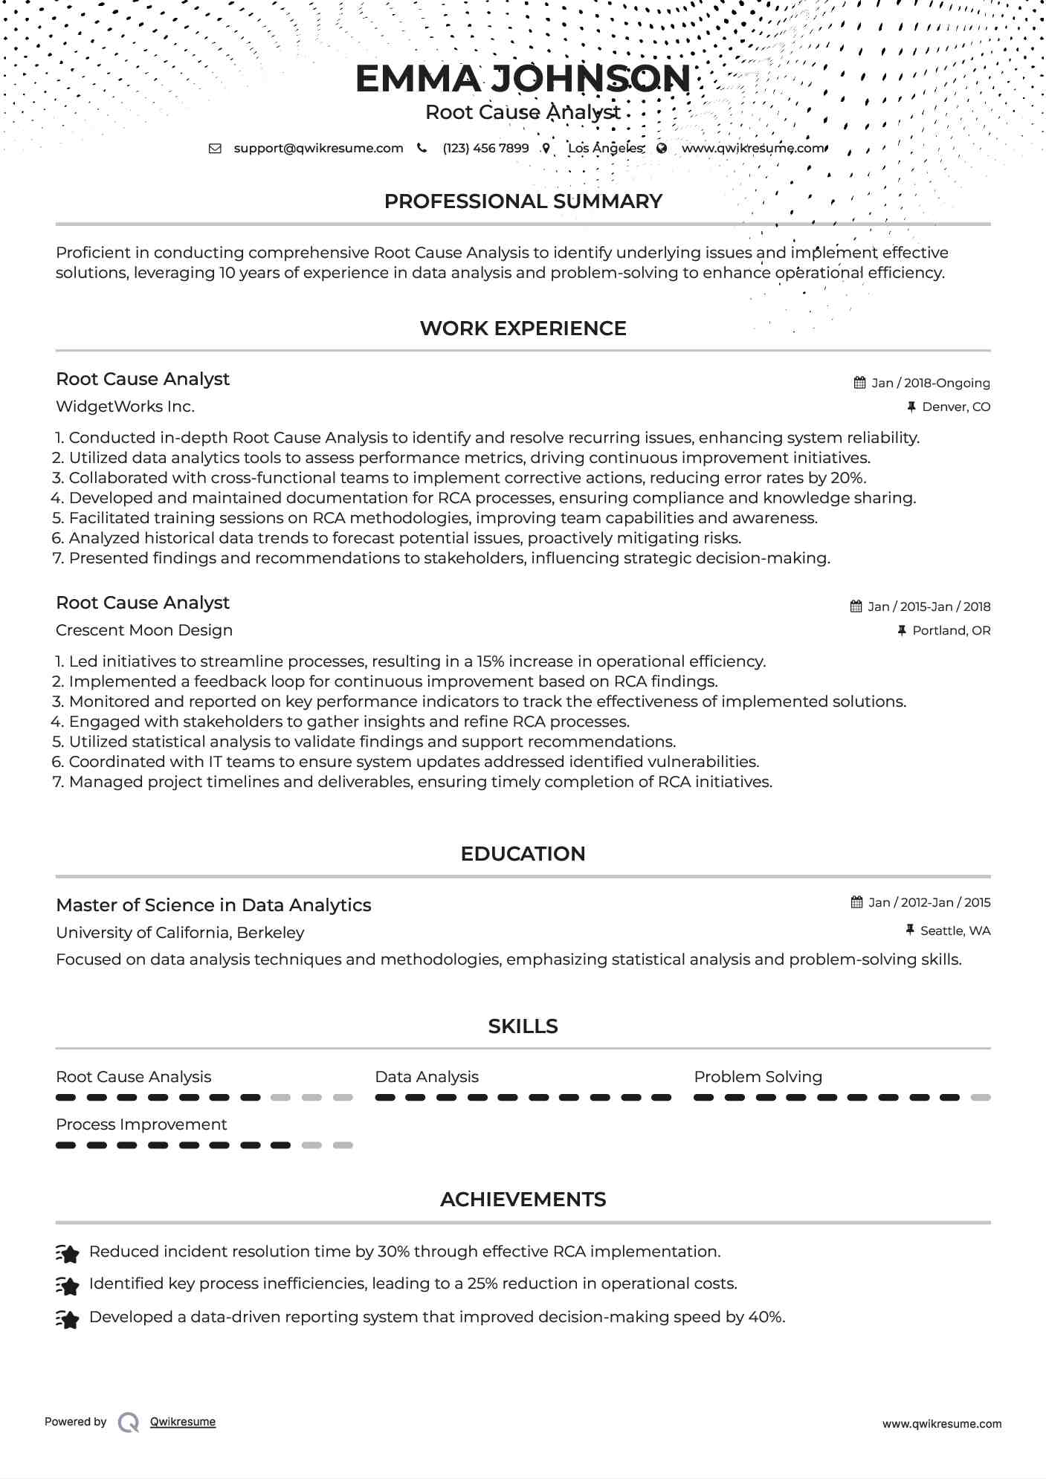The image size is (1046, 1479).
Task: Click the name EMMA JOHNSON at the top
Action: pos(523,79)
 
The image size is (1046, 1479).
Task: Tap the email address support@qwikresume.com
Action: pos(318,148)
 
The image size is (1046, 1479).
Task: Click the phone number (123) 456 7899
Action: pos(485,148)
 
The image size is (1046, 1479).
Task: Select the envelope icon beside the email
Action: pos(215,149)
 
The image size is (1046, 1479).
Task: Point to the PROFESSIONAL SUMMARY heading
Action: pos(523,201)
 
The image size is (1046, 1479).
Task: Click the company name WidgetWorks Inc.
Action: pos(125,407)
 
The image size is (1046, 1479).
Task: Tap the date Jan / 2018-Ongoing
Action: pos(930,383)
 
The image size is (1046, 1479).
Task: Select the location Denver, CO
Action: pos(955,407)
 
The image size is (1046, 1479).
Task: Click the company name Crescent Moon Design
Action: pos(144,630)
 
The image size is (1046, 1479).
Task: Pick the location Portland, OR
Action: pos(951,630)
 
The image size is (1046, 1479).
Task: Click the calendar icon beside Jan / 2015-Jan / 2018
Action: pos(856,606)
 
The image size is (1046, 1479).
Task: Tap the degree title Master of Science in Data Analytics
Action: pos(213,905)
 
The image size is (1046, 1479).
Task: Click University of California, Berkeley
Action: pos(180,933)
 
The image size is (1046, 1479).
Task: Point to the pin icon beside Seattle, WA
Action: pos(910,930)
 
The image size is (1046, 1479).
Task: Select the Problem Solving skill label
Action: pos(758,1077)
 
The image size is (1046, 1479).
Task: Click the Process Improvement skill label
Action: pos(141,1124)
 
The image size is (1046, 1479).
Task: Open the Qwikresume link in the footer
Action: pos(183,1422)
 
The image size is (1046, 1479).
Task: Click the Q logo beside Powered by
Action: pos(129,1423)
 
